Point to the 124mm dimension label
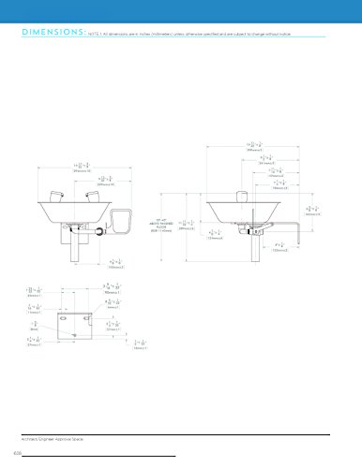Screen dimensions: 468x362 tap(215, 235)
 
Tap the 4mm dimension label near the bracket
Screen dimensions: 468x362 tap(112, 305)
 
